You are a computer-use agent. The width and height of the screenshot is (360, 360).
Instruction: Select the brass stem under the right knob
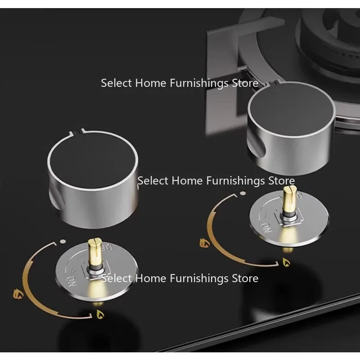coord(288,202)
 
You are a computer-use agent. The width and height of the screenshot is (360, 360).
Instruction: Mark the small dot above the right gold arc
coord(243,193)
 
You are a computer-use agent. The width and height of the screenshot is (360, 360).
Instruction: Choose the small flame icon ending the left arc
coord(99,314)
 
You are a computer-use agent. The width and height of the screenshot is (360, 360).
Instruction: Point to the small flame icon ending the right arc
coord(285,261)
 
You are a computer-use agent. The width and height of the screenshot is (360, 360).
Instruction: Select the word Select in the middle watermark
coord(153,181)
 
